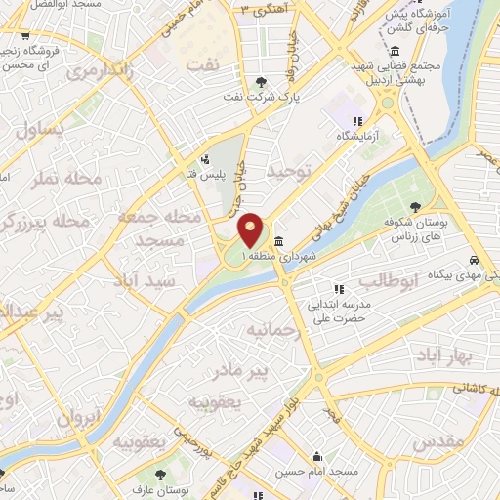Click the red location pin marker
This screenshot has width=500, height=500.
(252, 229)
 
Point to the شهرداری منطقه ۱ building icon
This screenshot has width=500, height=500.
(279, 242)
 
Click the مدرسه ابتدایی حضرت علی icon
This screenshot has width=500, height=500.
(339, 289)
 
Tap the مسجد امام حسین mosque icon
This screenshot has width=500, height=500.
(317, 456)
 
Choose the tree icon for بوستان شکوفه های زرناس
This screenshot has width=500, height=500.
(417, 206)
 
